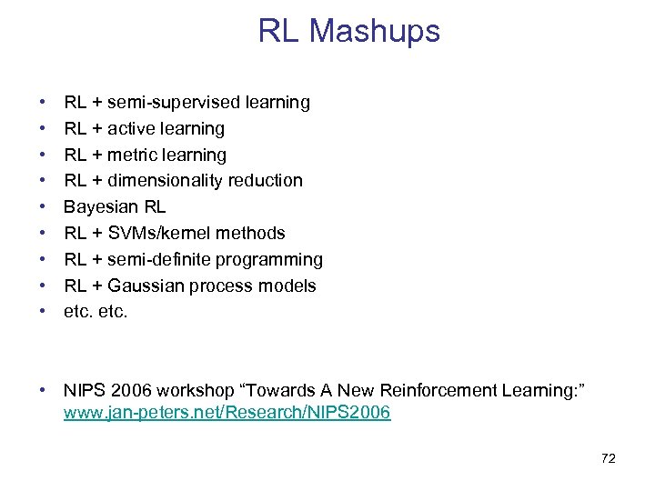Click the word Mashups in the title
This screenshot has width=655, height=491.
pyautogui.click(x=374, y=32)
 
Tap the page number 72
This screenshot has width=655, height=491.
pyautogui.click(x=609, y=458)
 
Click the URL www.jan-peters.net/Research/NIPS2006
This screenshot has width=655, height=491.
pyautogui.click(x=227, y=413)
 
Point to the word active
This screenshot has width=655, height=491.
pyautogui.click(x=134, y=129)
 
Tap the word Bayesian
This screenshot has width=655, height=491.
pyautogui.click(x=100, y=207)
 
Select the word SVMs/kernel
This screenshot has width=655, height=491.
pyautogui.click(x=158, y=234)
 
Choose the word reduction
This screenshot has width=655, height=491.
pyautogui.click(x=267, y=181)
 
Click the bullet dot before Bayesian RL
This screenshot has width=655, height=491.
pyautogui.click(x=43, y=207)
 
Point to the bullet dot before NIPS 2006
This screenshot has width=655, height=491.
pyautogui.click(x=43, y=391)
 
